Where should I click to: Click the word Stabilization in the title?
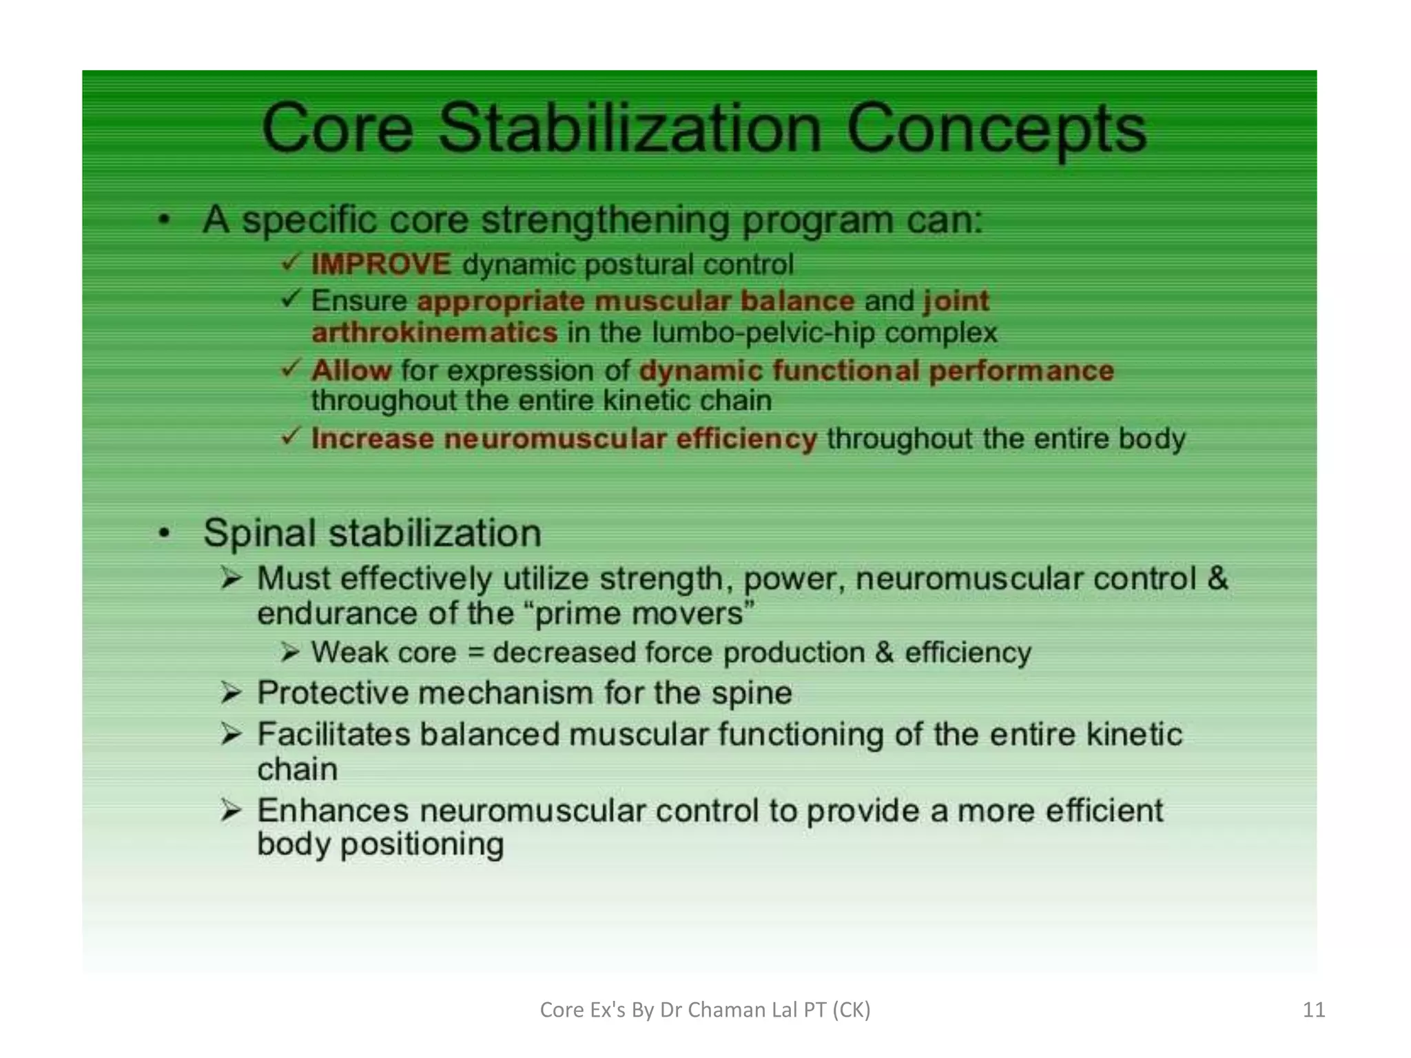coord(630,129)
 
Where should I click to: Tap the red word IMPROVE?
coord(381,264)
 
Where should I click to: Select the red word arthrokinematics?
coord(435,333)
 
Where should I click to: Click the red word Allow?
coord(351,371)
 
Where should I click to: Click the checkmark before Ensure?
coord(291,299)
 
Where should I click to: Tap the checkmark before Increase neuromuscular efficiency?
coord(291,436)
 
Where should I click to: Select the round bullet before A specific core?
coord(164,220)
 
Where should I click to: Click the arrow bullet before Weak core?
coord(290,652)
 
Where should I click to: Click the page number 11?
coord(1313,1010)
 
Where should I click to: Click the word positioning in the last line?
coord(422,844)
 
